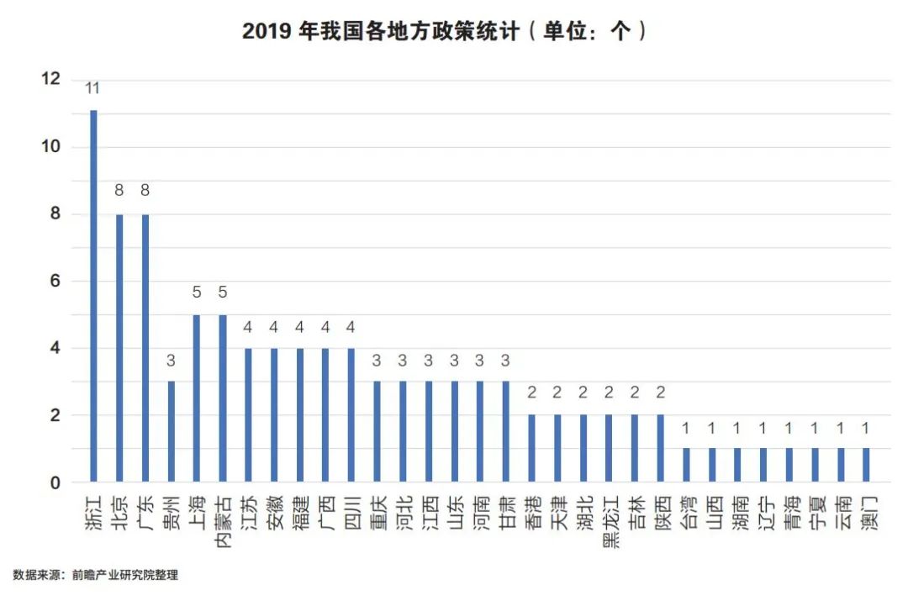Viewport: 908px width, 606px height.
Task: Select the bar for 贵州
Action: point(171,432)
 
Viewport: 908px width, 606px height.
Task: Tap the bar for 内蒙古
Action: point(222,398)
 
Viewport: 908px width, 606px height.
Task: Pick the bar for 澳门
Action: point(867,466)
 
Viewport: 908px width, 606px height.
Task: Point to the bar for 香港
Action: point(531,449)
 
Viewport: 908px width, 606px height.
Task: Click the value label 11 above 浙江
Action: point(93,87)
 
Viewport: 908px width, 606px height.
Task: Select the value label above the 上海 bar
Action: point(197,292)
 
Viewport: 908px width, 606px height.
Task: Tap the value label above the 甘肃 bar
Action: point(506,360)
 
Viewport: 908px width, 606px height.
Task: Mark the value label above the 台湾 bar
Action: point(686,428)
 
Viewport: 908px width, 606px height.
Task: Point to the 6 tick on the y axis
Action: point(55,282)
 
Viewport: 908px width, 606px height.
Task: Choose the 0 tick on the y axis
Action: point(55,483)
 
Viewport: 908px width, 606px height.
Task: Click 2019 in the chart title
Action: point(268,32)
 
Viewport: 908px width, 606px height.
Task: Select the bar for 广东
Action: point(145,348)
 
